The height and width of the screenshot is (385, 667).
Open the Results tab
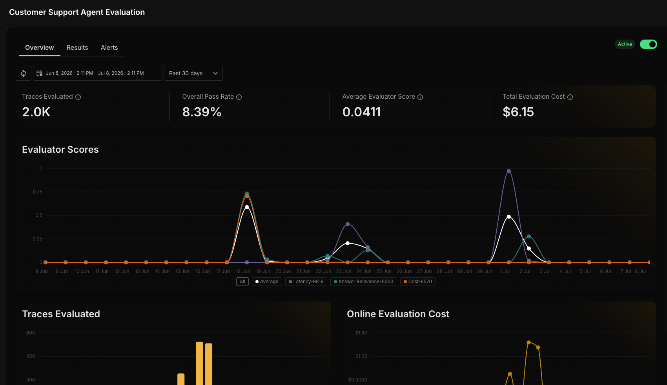(77, 47)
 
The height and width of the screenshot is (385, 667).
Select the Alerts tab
(109, 47)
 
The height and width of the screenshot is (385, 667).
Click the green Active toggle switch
(648, 44)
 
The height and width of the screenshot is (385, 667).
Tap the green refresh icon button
(24, 73)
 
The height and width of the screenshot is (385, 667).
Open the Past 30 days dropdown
(193, 73)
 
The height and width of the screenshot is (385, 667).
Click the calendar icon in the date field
(39, 73)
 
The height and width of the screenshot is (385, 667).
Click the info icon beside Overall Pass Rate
(239, 97)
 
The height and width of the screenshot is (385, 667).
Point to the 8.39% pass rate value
(202, 112)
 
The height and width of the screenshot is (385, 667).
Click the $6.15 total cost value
(518, 112)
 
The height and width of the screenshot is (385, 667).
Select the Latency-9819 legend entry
(306, 282)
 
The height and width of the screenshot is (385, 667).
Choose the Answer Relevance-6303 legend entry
(364, 282)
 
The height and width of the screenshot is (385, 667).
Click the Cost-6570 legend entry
(418, 282)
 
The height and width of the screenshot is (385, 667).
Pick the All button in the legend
(242, 282)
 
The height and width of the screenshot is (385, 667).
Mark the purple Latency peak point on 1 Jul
(509, 171)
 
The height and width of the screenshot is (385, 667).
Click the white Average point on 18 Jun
(247, 207)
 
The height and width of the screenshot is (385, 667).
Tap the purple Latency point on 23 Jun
(348, 224)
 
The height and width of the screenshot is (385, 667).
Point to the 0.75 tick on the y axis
(38, 192)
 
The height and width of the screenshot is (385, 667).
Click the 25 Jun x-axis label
(384, 271)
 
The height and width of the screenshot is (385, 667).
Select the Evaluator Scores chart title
(60, 150)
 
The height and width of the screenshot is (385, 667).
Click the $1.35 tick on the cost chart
(361, 356)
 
